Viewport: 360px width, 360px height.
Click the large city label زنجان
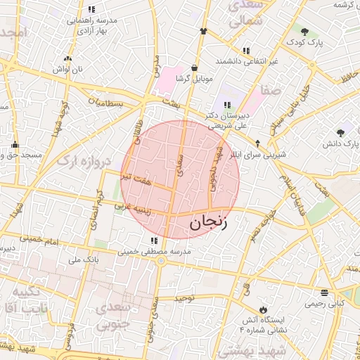point(210,224)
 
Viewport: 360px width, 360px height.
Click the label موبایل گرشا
point(193,77)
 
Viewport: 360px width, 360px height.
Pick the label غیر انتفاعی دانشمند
point(250,61)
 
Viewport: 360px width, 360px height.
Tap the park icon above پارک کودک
point(304,32)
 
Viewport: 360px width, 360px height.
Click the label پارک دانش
point(340,143)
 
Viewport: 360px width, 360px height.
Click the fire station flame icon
point(263,309)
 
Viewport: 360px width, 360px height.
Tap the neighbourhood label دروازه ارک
point(84,162)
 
